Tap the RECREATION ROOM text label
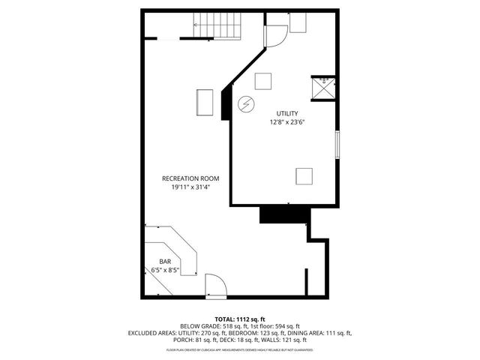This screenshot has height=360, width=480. [190, 178]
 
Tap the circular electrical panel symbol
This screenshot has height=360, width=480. [245, 103]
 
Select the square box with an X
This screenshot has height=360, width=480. [324, 88]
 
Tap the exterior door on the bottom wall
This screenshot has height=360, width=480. [215, 286]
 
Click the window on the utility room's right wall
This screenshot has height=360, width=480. [337, 145]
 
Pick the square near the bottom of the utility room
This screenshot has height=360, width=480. [304, 176]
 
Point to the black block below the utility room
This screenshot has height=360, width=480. [284, 214]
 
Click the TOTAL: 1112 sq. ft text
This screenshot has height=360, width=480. [239, 318]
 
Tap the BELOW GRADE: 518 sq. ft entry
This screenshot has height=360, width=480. [214, 325]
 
